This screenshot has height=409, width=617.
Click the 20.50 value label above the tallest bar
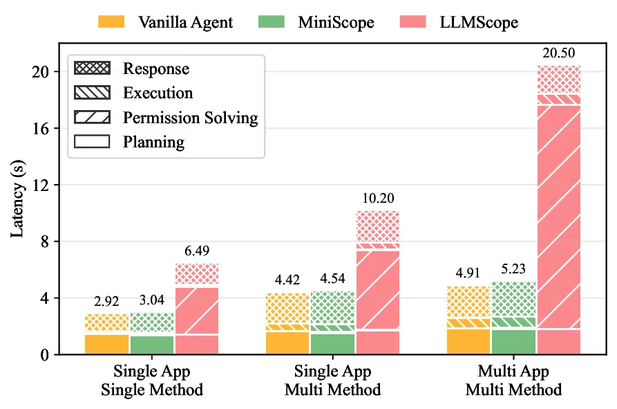(558, 53)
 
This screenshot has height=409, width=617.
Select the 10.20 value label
(378, 199)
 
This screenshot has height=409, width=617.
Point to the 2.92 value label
(106, 302)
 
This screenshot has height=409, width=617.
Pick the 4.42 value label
(288, 281)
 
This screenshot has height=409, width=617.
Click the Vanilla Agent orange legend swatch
(111, 22)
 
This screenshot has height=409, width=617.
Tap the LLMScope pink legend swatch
(414, 22)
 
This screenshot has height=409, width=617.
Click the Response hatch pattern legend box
(92, 69)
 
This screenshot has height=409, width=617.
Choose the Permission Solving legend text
(190, 118)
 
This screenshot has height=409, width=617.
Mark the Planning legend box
(92, 143)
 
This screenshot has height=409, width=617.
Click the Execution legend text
(158, 93)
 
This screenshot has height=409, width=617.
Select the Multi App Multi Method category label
(513, 381)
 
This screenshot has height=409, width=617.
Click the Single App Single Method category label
(152, 381)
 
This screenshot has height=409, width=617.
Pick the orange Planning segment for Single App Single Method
(107, 344)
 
